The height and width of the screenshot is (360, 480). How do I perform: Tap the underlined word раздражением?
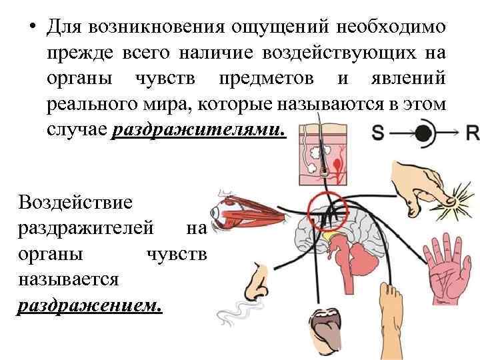tap(89, 305)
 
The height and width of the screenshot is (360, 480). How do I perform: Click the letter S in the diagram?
tap(378, 133)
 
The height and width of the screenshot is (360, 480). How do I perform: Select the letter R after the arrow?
tap(472, 133)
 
